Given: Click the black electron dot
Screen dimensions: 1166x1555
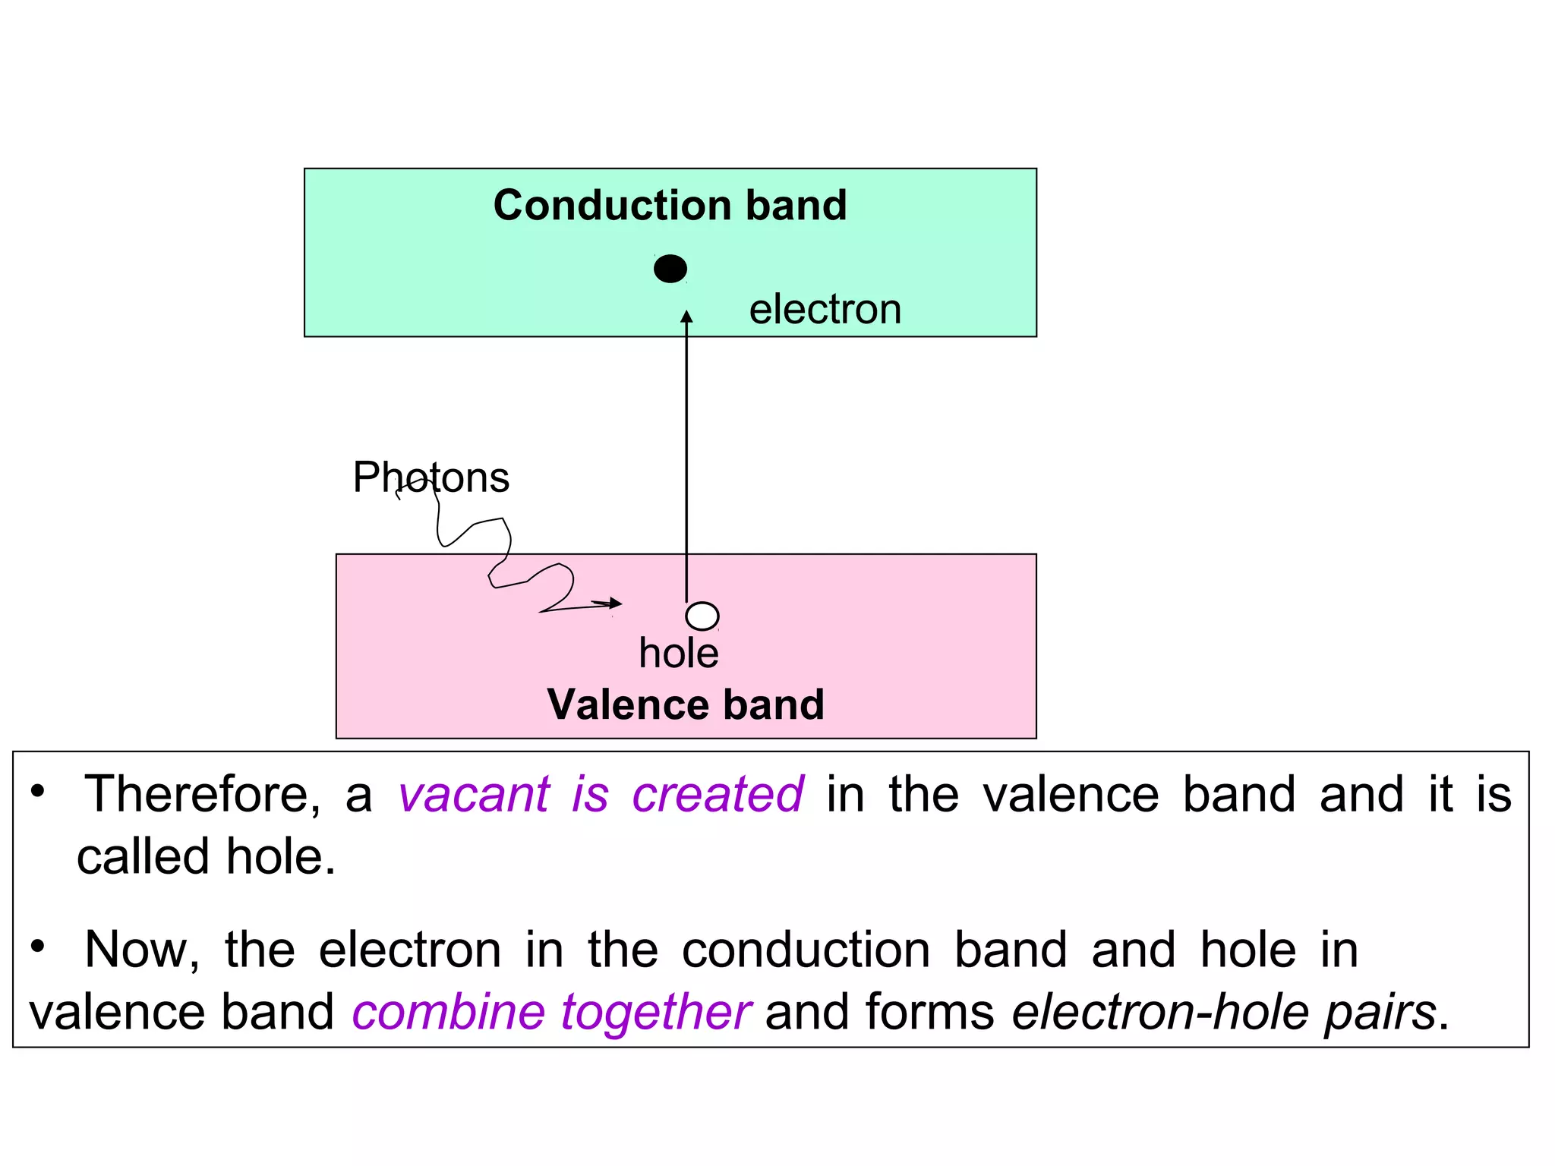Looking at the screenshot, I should point(670,269).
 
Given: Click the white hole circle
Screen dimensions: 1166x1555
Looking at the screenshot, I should point(702,616).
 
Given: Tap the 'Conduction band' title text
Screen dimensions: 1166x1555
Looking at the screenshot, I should point(670,205).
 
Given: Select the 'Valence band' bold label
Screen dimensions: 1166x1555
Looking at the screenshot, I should point(685,704).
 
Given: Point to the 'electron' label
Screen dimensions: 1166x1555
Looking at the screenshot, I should point(825,310).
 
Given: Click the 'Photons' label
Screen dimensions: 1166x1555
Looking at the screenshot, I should point(431,477).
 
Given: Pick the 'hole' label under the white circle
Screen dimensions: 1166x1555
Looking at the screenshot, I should point(678,654).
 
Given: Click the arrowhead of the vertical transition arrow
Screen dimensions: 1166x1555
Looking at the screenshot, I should point(686,317).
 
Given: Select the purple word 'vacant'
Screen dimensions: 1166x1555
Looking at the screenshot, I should point(474,795).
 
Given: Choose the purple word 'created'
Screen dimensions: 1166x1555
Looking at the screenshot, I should point(718,795).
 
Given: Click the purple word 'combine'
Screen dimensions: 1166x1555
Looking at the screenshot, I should point(448,1012).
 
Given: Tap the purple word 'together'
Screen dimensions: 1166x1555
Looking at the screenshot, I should point(656,1012).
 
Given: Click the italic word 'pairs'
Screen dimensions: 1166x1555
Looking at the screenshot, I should point(1380,1013).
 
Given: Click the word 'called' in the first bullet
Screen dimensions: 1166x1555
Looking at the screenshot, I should point(143,857).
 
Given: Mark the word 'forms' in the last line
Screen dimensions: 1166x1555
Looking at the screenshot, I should point(929,1012).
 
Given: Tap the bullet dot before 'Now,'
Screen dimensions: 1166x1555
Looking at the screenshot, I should point(38,947).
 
